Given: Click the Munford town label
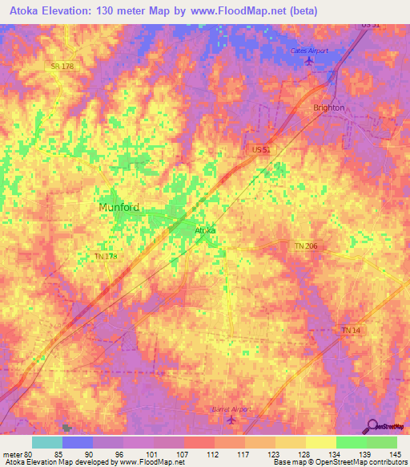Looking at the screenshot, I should [x=119, y=207].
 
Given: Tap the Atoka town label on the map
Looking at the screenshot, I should [x=206, y=230].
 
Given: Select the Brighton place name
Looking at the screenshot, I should [x=329, y=108].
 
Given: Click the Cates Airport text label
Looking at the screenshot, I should [x=309, y=51].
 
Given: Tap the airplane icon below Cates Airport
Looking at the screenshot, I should [x=309, y=62].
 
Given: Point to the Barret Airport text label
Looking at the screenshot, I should [x=231, y=408].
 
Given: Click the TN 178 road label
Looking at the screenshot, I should [x=105, y=257].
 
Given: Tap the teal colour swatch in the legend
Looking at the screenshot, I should [x=47, y=442].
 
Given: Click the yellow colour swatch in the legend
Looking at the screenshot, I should [x=320, y=442].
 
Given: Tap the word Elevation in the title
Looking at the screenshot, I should [x=69, y=11].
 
